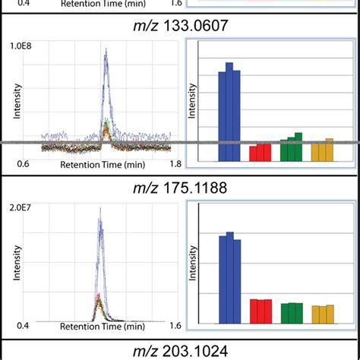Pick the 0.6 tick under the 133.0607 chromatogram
pos(24,163)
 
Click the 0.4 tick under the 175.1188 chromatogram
pos(24,326)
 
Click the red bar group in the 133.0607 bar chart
pos(260,153)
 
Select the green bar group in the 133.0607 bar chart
pos(291,148)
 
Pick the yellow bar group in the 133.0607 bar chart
pos(322,150)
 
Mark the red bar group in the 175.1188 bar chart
pos(260,311)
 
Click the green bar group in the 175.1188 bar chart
pos(291,313)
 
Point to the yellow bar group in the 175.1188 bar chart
pos(322,314)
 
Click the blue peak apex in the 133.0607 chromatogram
pos(106,51)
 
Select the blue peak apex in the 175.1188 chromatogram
pos(99,220)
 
